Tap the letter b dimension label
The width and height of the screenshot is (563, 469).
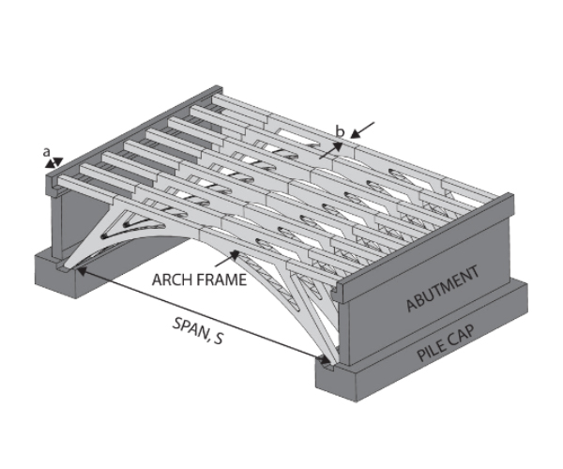(342, 132)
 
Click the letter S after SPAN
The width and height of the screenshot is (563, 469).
(218, 332)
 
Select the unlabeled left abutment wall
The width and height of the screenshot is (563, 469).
(70, 221)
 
